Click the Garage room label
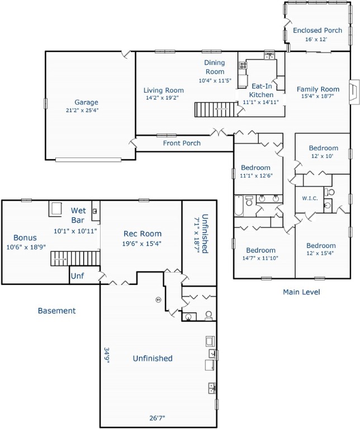click(86, 102)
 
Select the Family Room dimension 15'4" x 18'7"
click(318, 97)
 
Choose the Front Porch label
click(182, 144)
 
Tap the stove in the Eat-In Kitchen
click(243, 66)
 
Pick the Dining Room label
click(214, 67)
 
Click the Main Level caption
click(301, 292)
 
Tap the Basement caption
click(56, 311)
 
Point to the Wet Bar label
click(78, 215)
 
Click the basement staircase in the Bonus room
click(75, 259)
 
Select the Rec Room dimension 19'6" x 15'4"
click(142, 244)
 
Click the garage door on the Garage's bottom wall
click(88, 160)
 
